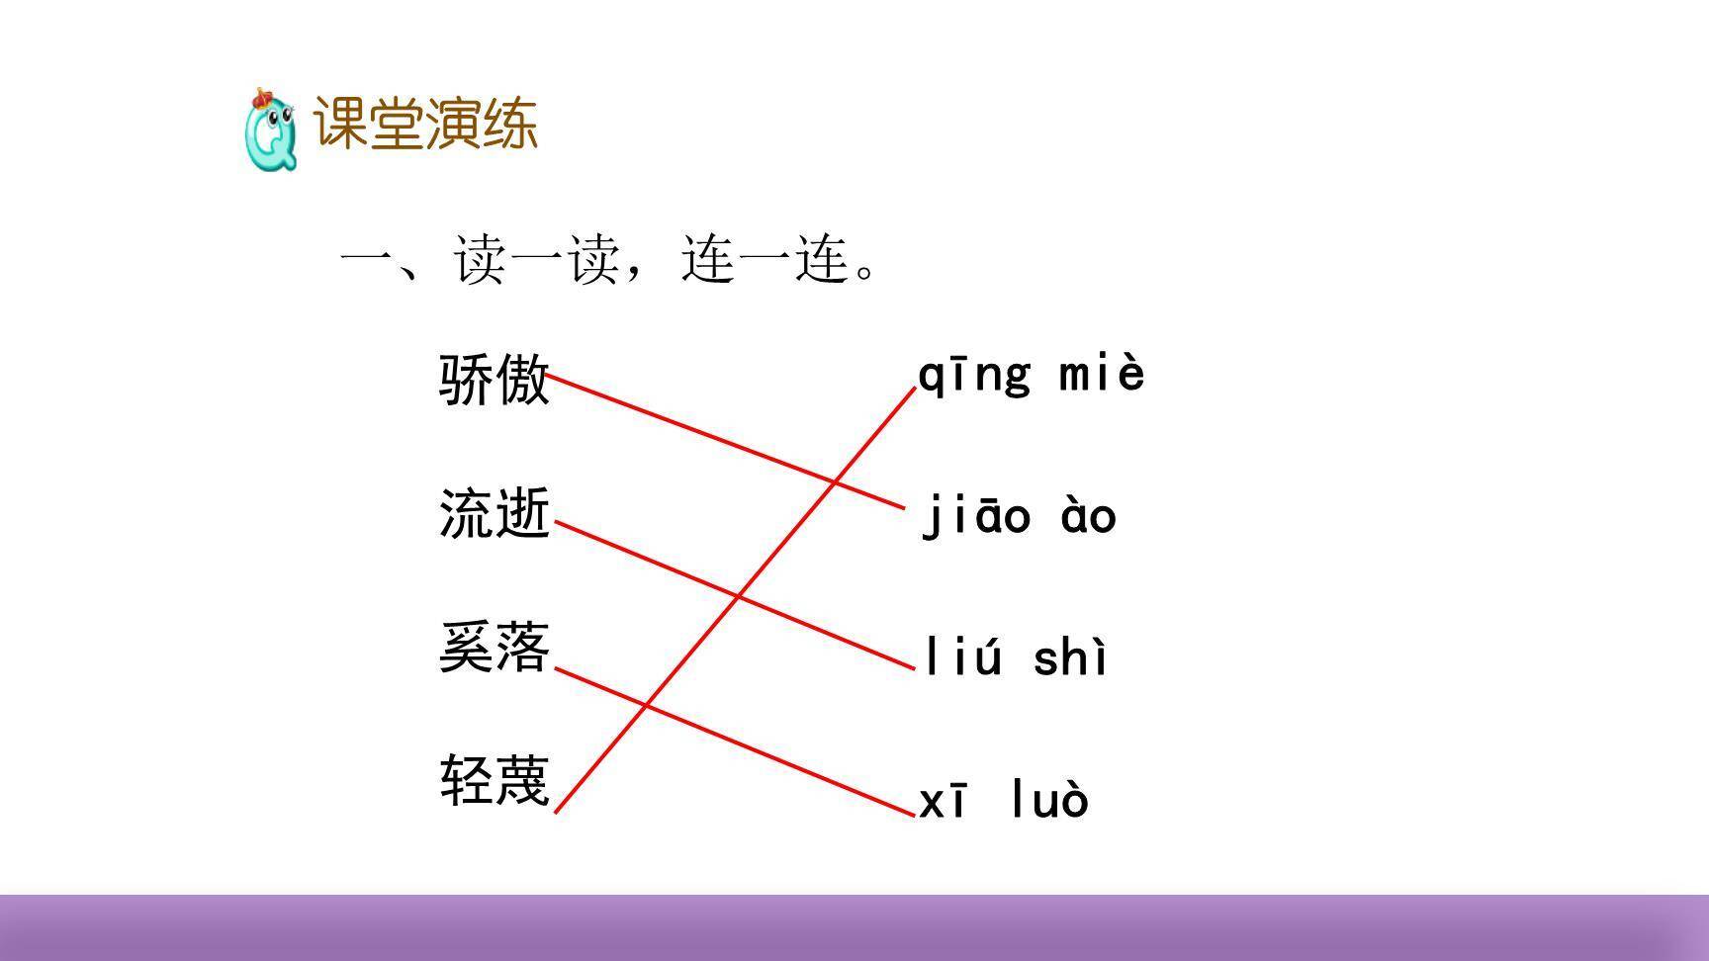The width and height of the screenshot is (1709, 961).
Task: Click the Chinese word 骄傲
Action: [x=494, y=379]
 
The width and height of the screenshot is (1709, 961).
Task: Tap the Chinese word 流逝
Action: [x=494, y=514]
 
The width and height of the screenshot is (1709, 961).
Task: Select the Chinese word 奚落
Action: [x=494, y=649]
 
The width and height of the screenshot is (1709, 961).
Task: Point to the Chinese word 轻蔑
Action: [x=494, y=781]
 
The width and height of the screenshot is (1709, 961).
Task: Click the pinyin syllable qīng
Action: [x=974, y=376]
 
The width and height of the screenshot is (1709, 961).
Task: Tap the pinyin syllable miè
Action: [x=1102, y=374]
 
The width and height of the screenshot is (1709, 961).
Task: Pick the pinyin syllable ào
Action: [x=1088, y=516]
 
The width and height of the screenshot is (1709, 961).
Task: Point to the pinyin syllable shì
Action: [x=1070, y=657]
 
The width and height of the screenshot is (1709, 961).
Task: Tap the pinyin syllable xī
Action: [x=944, y=801]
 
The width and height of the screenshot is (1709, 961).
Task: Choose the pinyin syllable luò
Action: [x=1049, y=800]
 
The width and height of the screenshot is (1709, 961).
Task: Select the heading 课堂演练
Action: [x=425, y=125]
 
